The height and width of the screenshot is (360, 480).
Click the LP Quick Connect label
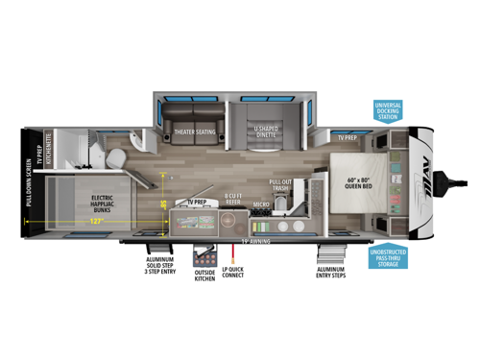point(233,272)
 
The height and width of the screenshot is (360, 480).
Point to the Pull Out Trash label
point(281,184)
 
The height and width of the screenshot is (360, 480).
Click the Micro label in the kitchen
point(260,204)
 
